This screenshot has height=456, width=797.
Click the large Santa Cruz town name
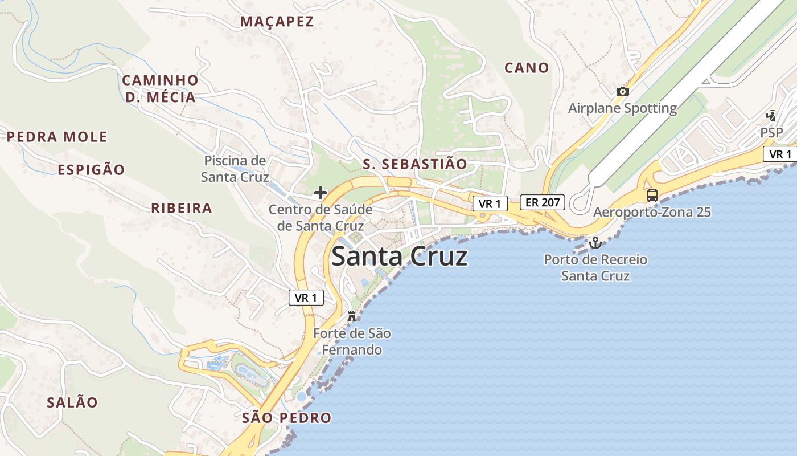click(399, 257)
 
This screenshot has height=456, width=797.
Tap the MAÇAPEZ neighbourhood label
click(277, 22)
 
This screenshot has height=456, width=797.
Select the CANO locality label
click(527, 68)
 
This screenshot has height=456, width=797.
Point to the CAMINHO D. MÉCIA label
click(160, 88)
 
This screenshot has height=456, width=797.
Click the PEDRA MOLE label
click(57, 137)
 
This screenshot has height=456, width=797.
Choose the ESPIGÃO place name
click(91, 170)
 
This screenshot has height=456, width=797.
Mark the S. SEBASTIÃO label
click(415, 164)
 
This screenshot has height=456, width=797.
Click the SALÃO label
click(72, 402)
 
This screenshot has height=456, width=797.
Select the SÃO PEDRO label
click(286, 418)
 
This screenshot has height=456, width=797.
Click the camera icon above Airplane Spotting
click(623, 91)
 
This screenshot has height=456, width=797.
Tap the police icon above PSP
click(771, 116)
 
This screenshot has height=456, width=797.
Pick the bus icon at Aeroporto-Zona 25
click(652, 196)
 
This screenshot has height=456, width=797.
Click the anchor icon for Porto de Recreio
click(595, 243)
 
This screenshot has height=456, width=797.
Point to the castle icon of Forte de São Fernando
click(352, 316)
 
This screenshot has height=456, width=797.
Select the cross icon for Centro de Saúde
click(321, 193)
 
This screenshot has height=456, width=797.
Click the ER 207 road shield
click(542, 202)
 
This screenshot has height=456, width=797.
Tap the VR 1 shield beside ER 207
click(490, 203)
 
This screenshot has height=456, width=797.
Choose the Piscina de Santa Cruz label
click(235, 169)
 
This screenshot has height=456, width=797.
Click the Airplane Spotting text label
click(623, 108)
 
